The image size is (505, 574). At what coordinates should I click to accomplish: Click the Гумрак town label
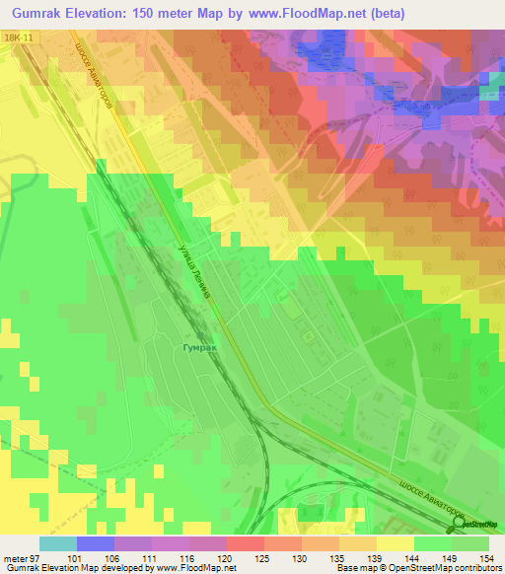point(198,348)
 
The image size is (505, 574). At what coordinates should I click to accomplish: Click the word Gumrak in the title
point(40,12)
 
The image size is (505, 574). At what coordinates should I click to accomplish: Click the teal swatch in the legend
point(57,543)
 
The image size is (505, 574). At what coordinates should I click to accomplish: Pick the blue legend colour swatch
point(95,543)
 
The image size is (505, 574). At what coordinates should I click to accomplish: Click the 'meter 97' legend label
point(19,558)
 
